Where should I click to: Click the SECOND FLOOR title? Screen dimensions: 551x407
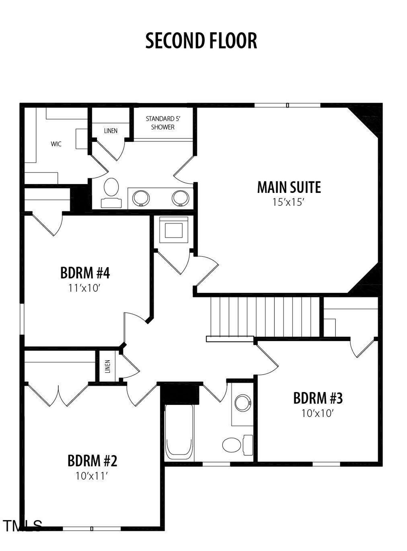tap(201, 41)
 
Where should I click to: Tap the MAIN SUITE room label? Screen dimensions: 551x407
tap(289, 187)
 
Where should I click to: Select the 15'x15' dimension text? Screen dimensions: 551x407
tap(289, 202)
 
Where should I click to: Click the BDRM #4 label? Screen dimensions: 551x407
tap(85, 273)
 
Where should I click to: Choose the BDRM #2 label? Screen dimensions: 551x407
tap(92, 460)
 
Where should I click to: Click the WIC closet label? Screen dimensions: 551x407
tap(56, 144)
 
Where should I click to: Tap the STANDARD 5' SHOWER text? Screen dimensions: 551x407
tap(163, 123)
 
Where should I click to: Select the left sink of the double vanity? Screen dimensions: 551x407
tap(141, 198)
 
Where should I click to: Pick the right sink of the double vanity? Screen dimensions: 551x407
tap(180, 198)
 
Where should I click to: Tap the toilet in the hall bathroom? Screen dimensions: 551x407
tap(236, 445)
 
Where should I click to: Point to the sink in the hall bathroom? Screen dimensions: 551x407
tap(243, 403)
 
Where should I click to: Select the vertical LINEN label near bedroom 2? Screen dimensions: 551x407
tap(108, 366)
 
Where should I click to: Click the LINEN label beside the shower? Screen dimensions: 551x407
tap(111, 131)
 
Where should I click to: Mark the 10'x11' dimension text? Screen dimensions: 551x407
tap(92, 476)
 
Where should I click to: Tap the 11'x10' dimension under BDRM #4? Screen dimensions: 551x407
tap(84, 288)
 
